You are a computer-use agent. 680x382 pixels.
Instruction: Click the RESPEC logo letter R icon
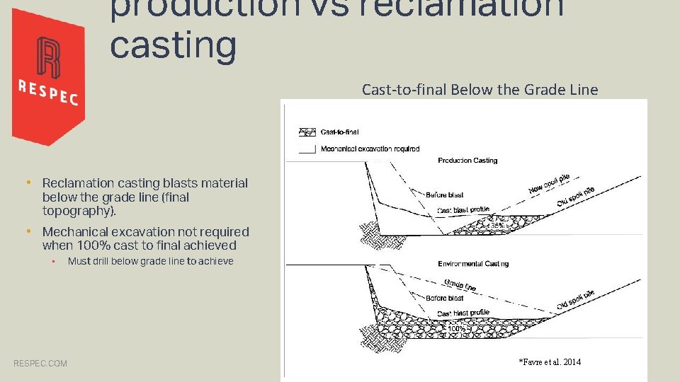pyautogui.click(x=48, y=57)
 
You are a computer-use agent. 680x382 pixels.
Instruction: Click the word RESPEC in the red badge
pyautogui.click(x=47, y=92)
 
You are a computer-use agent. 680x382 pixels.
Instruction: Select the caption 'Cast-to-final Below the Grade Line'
pyautogui.click(x=480, y=90)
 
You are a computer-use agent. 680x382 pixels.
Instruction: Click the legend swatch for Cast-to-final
pyautogui.click(x=307, y=132)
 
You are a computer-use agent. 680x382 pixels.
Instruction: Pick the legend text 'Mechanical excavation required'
pyautogui.click(x=370, y=149)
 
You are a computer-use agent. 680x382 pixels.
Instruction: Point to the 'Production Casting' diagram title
pyautogui.click(x=467, y=161)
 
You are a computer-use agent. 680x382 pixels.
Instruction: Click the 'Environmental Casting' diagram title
pyautogui.click(x=473, y=264)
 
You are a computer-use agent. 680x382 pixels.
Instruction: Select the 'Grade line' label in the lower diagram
pyautogui.click(x=460, y=285)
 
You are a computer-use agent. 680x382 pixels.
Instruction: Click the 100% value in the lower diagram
pyautogui.click(x=457, y=329)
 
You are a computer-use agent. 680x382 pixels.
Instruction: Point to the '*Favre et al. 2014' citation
pyautogui.click(x=550, y=362)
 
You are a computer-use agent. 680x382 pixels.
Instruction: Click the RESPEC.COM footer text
pyautogui.click(x=40, y=364)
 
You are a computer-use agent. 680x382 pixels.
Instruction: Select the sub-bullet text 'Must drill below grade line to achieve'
pyautogui.click(x=150, y=261)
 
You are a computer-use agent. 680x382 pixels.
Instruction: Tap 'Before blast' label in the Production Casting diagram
pyautogui.click(x=445, y=195)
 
